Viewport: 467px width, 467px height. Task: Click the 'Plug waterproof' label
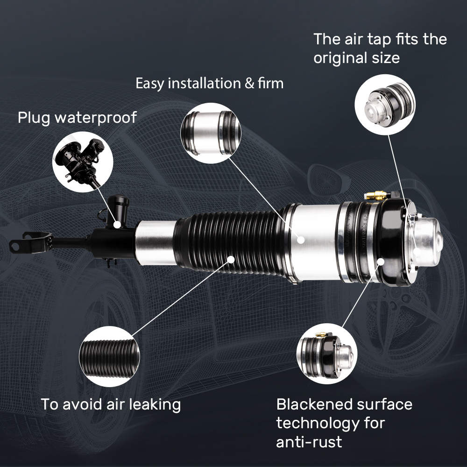[x=77, y=117]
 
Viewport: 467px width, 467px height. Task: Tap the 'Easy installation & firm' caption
[x=209, y=84]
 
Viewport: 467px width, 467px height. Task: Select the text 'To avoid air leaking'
[x=111, y=404]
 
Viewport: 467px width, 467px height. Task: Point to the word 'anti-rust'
[x=309, y=441]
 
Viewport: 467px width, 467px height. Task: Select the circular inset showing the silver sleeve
[x=211, y=133]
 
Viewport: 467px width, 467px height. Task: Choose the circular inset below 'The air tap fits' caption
[x=385, y=104]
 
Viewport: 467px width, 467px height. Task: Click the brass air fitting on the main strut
[x=376, y=195]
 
